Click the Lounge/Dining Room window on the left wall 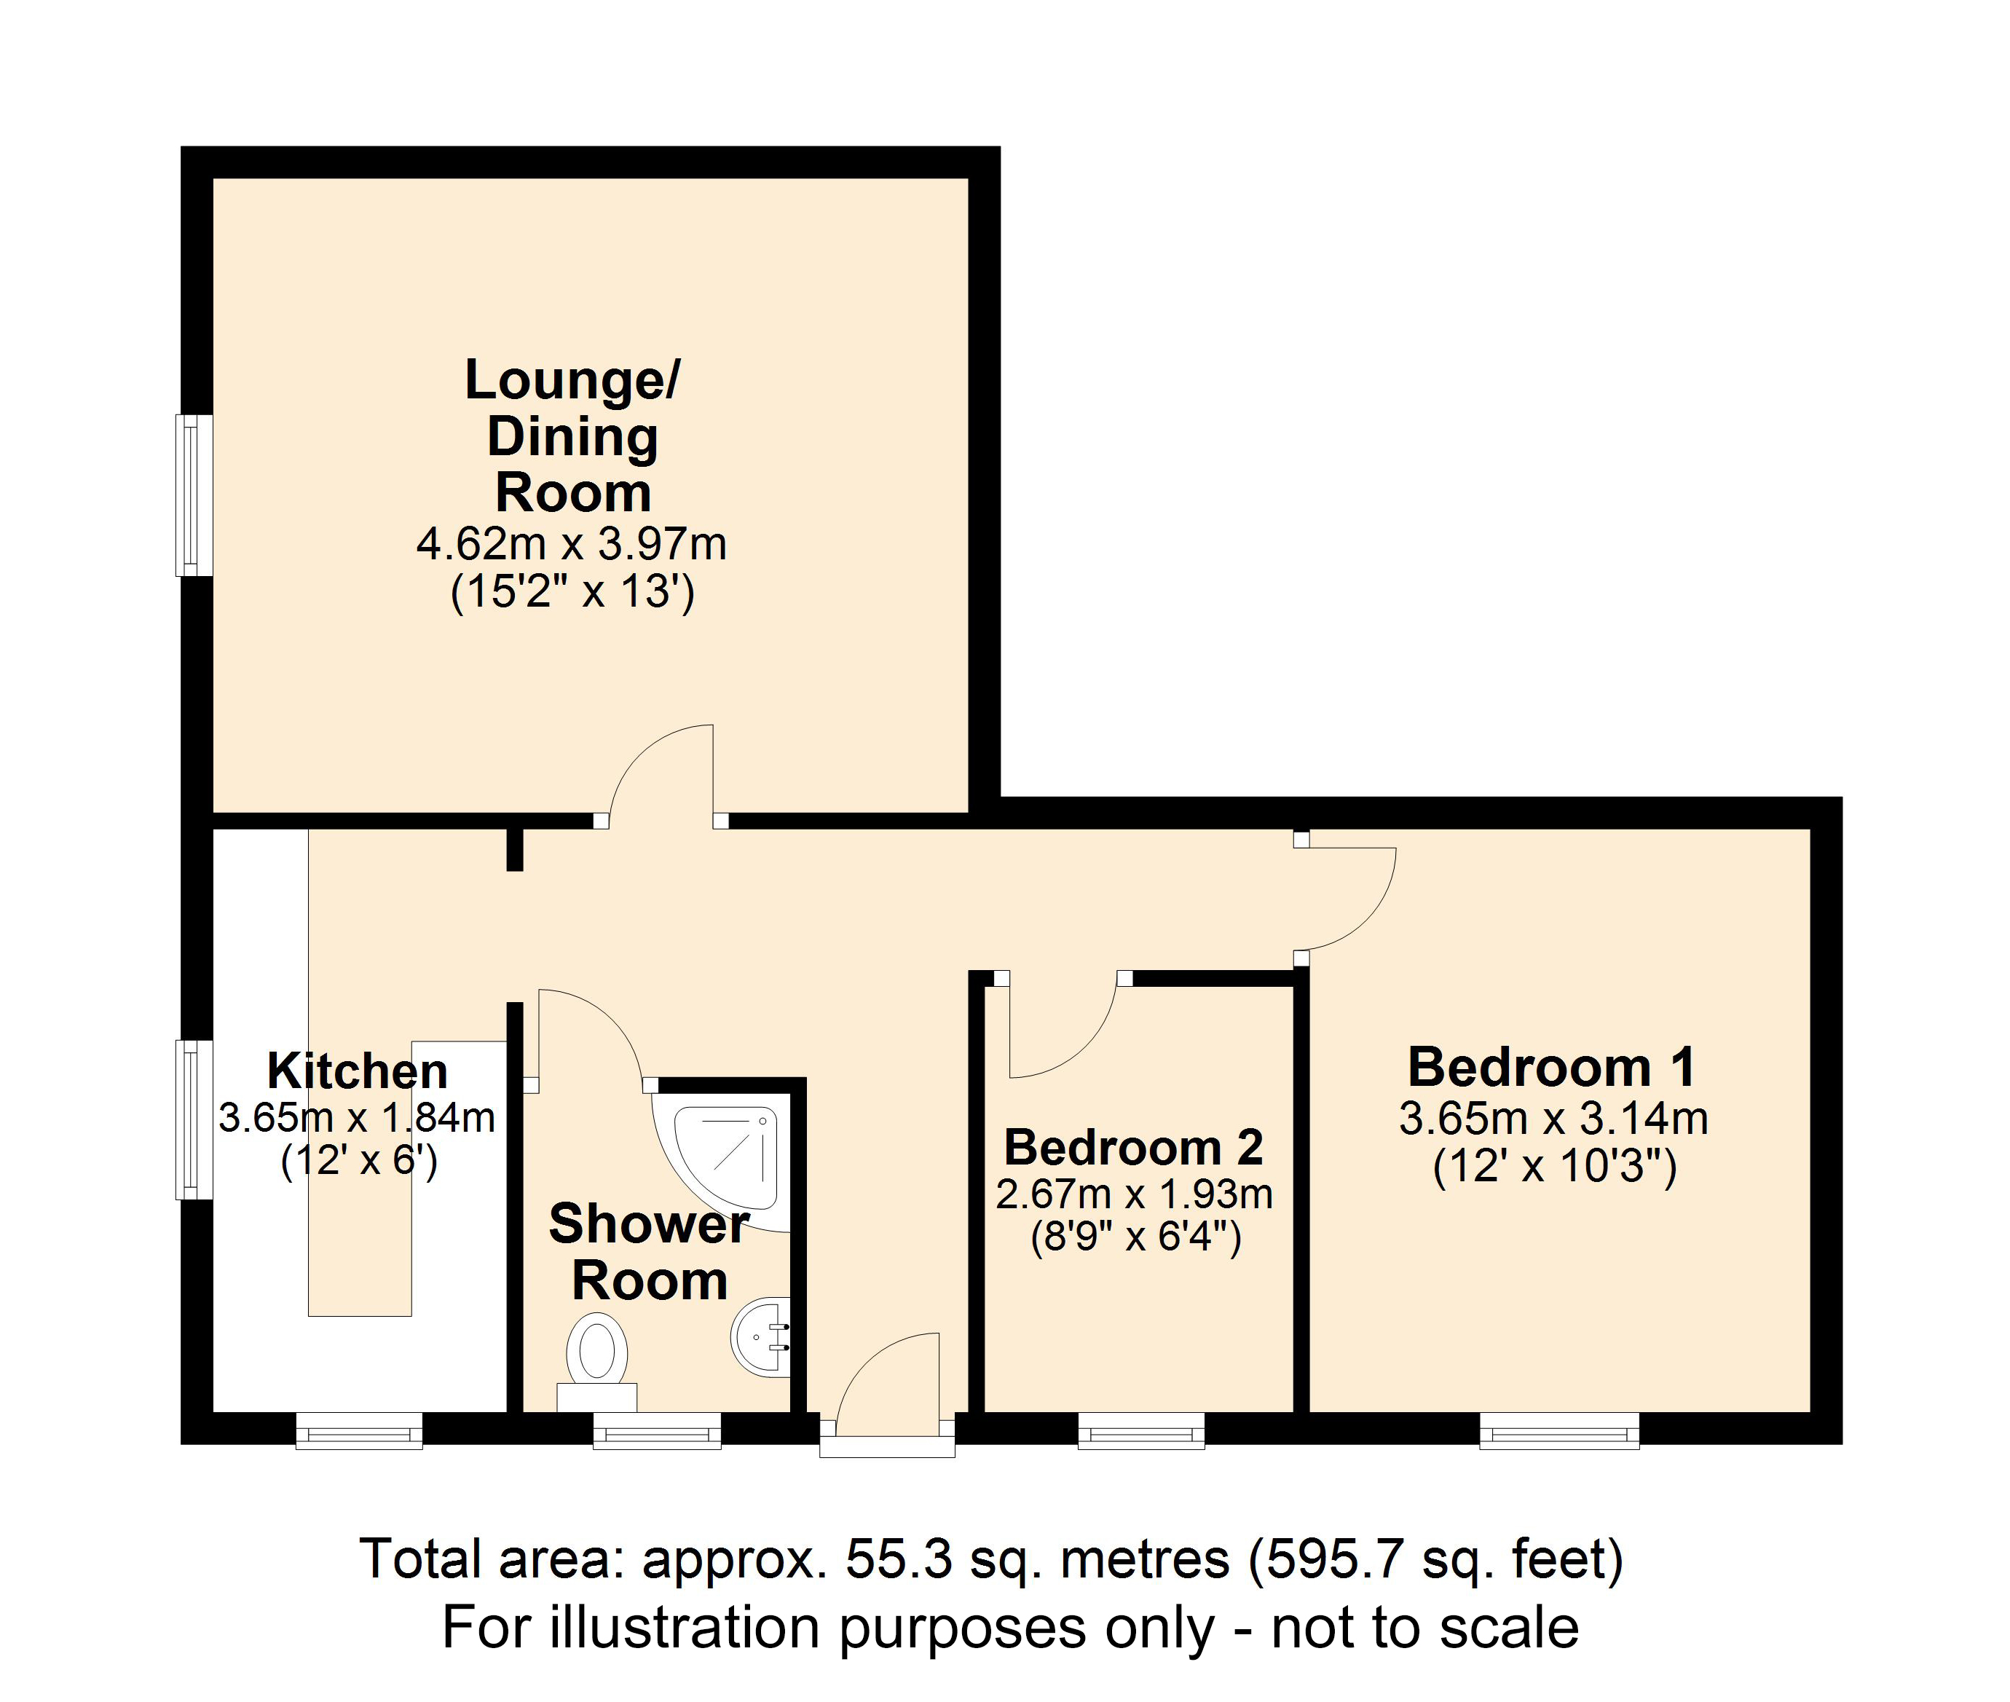194,495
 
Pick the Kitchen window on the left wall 194,1119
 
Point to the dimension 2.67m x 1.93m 1134,1194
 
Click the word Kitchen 357,1071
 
